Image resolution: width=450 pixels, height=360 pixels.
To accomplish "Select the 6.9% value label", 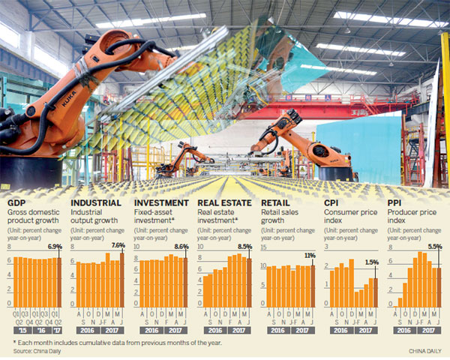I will point(55,246).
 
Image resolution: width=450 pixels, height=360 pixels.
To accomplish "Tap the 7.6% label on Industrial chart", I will point(118,245).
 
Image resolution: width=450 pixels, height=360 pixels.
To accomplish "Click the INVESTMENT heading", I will point(160,202).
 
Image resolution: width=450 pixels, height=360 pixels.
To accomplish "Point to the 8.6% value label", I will point(181,246).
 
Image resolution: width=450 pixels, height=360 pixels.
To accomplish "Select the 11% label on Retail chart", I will point(309,256).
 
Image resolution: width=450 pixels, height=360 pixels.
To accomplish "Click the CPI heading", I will point(332,202).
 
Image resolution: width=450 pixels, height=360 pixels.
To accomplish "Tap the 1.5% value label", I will point(371,262).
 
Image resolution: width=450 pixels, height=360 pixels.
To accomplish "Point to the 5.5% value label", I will point(433,246).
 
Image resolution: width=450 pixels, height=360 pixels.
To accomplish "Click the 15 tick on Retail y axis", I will point(263,247).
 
